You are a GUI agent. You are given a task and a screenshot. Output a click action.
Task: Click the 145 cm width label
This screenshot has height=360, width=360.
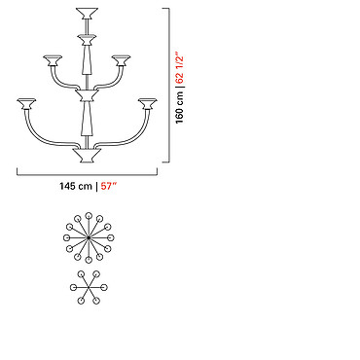coord(76,187)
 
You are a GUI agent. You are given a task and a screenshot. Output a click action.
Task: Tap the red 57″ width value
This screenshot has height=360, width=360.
coord(109,186)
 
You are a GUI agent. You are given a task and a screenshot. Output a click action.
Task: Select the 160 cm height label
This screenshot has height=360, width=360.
coord(179,107)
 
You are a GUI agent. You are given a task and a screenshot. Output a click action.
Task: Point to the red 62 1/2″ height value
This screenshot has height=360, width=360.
coord(179,68)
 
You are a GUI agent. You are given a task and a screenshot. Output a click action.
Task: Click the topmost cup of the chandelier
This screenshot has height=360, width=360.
coord(87,14)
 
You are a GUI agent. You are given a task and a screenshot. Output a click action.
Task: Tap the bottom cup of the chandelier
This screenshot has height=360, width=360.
coord(87,156)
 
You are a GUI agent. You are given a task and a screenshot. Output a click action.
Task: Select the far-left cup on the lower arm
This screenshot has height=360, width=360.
coord(26,104)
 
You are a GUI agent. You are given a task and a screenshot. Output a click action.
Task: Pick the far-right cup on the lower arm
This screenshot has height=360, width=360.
coord(148,104)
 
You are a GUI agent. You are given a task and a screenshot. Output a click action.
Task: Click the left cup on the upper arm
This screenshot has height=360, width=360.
coord(53,60)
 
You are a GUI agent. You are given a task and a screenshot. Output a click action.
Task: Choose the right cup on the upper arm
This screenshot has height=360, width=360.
coord(121,60)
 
